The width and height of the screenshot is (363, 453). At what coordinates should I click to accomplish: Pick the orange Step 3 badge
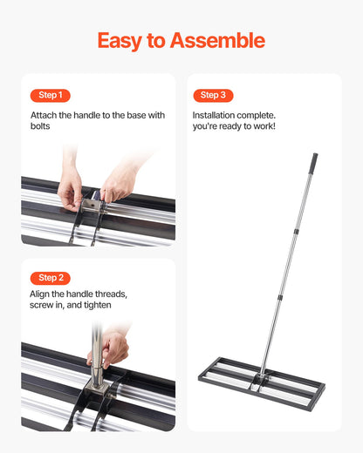(213, 95)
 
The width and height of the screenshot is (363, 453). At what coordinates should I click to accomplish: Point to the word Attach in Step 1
(45, 115)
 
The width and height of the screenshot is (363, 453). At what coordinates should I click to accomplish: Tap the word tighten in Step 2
(95, 306)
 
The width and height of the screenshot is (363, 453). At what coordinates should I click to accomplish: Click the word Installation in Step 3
(218, 115)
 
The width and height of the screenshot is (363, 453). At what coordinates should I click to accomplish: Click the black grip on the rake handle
(311, 165)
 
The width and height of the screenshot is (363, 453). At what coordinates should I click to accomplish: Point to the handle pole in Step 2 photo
(93, 335)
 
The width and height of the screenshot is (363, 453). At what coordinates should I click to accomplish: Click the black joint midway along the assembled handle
(294, 233)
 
